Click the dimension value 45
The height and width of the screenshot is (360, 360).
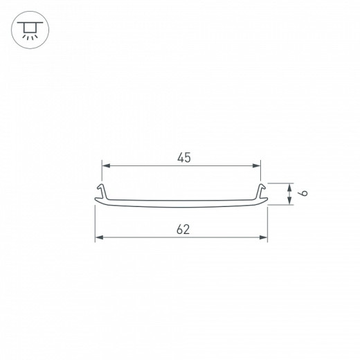[183, 158]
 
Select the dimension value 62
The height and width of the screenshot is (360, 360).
[183, 229]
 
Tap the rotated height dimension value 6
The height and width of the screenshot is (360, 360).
[294, 195]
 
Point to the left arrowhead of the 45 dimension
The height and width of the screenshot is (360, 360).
[105, 166]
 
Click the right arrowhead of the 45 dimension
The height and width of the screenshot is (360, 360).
[258, 166]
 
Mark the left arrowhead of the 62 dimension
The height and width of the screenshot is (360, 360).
[98, 237]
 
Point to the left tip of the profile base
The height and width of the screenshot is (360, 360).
[95, 202]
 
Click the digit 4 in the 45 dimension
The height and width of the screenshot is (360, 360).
[179, 158]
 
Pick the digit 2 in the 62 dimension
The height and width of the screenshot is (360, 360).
[187, 229]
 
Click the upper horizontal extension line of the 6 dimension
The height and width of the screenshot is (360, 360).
[277, 183]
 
